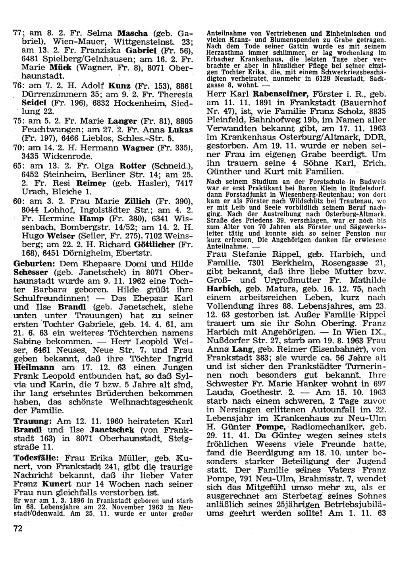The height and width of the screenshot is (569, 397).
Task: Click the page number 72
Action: (x=18, y=527)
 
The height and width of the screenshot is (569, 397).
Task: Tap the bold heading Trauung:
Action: (x=30, y=421)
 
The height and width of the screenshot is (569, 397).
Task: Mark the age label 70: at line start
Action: (x=17, y=147)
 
